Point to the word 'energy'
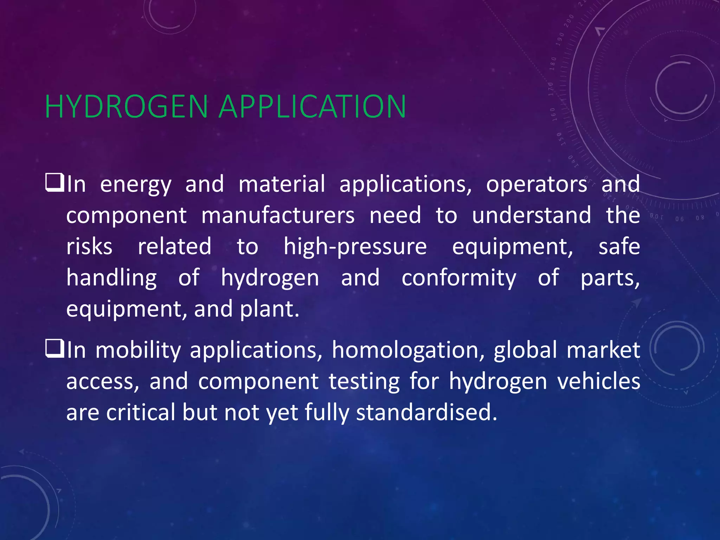136,185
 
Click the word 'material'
282,184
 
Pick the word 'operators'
536,184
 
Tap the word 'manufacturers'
278,215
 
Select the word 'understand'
531,215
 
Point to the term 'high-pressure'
355,247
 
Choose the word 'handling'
111,278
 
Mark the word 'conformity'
459,278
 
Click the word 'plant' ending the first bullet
269,309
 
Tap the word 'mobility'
138,351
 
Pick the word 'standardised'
426,412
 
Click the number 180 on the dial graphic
553,64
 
